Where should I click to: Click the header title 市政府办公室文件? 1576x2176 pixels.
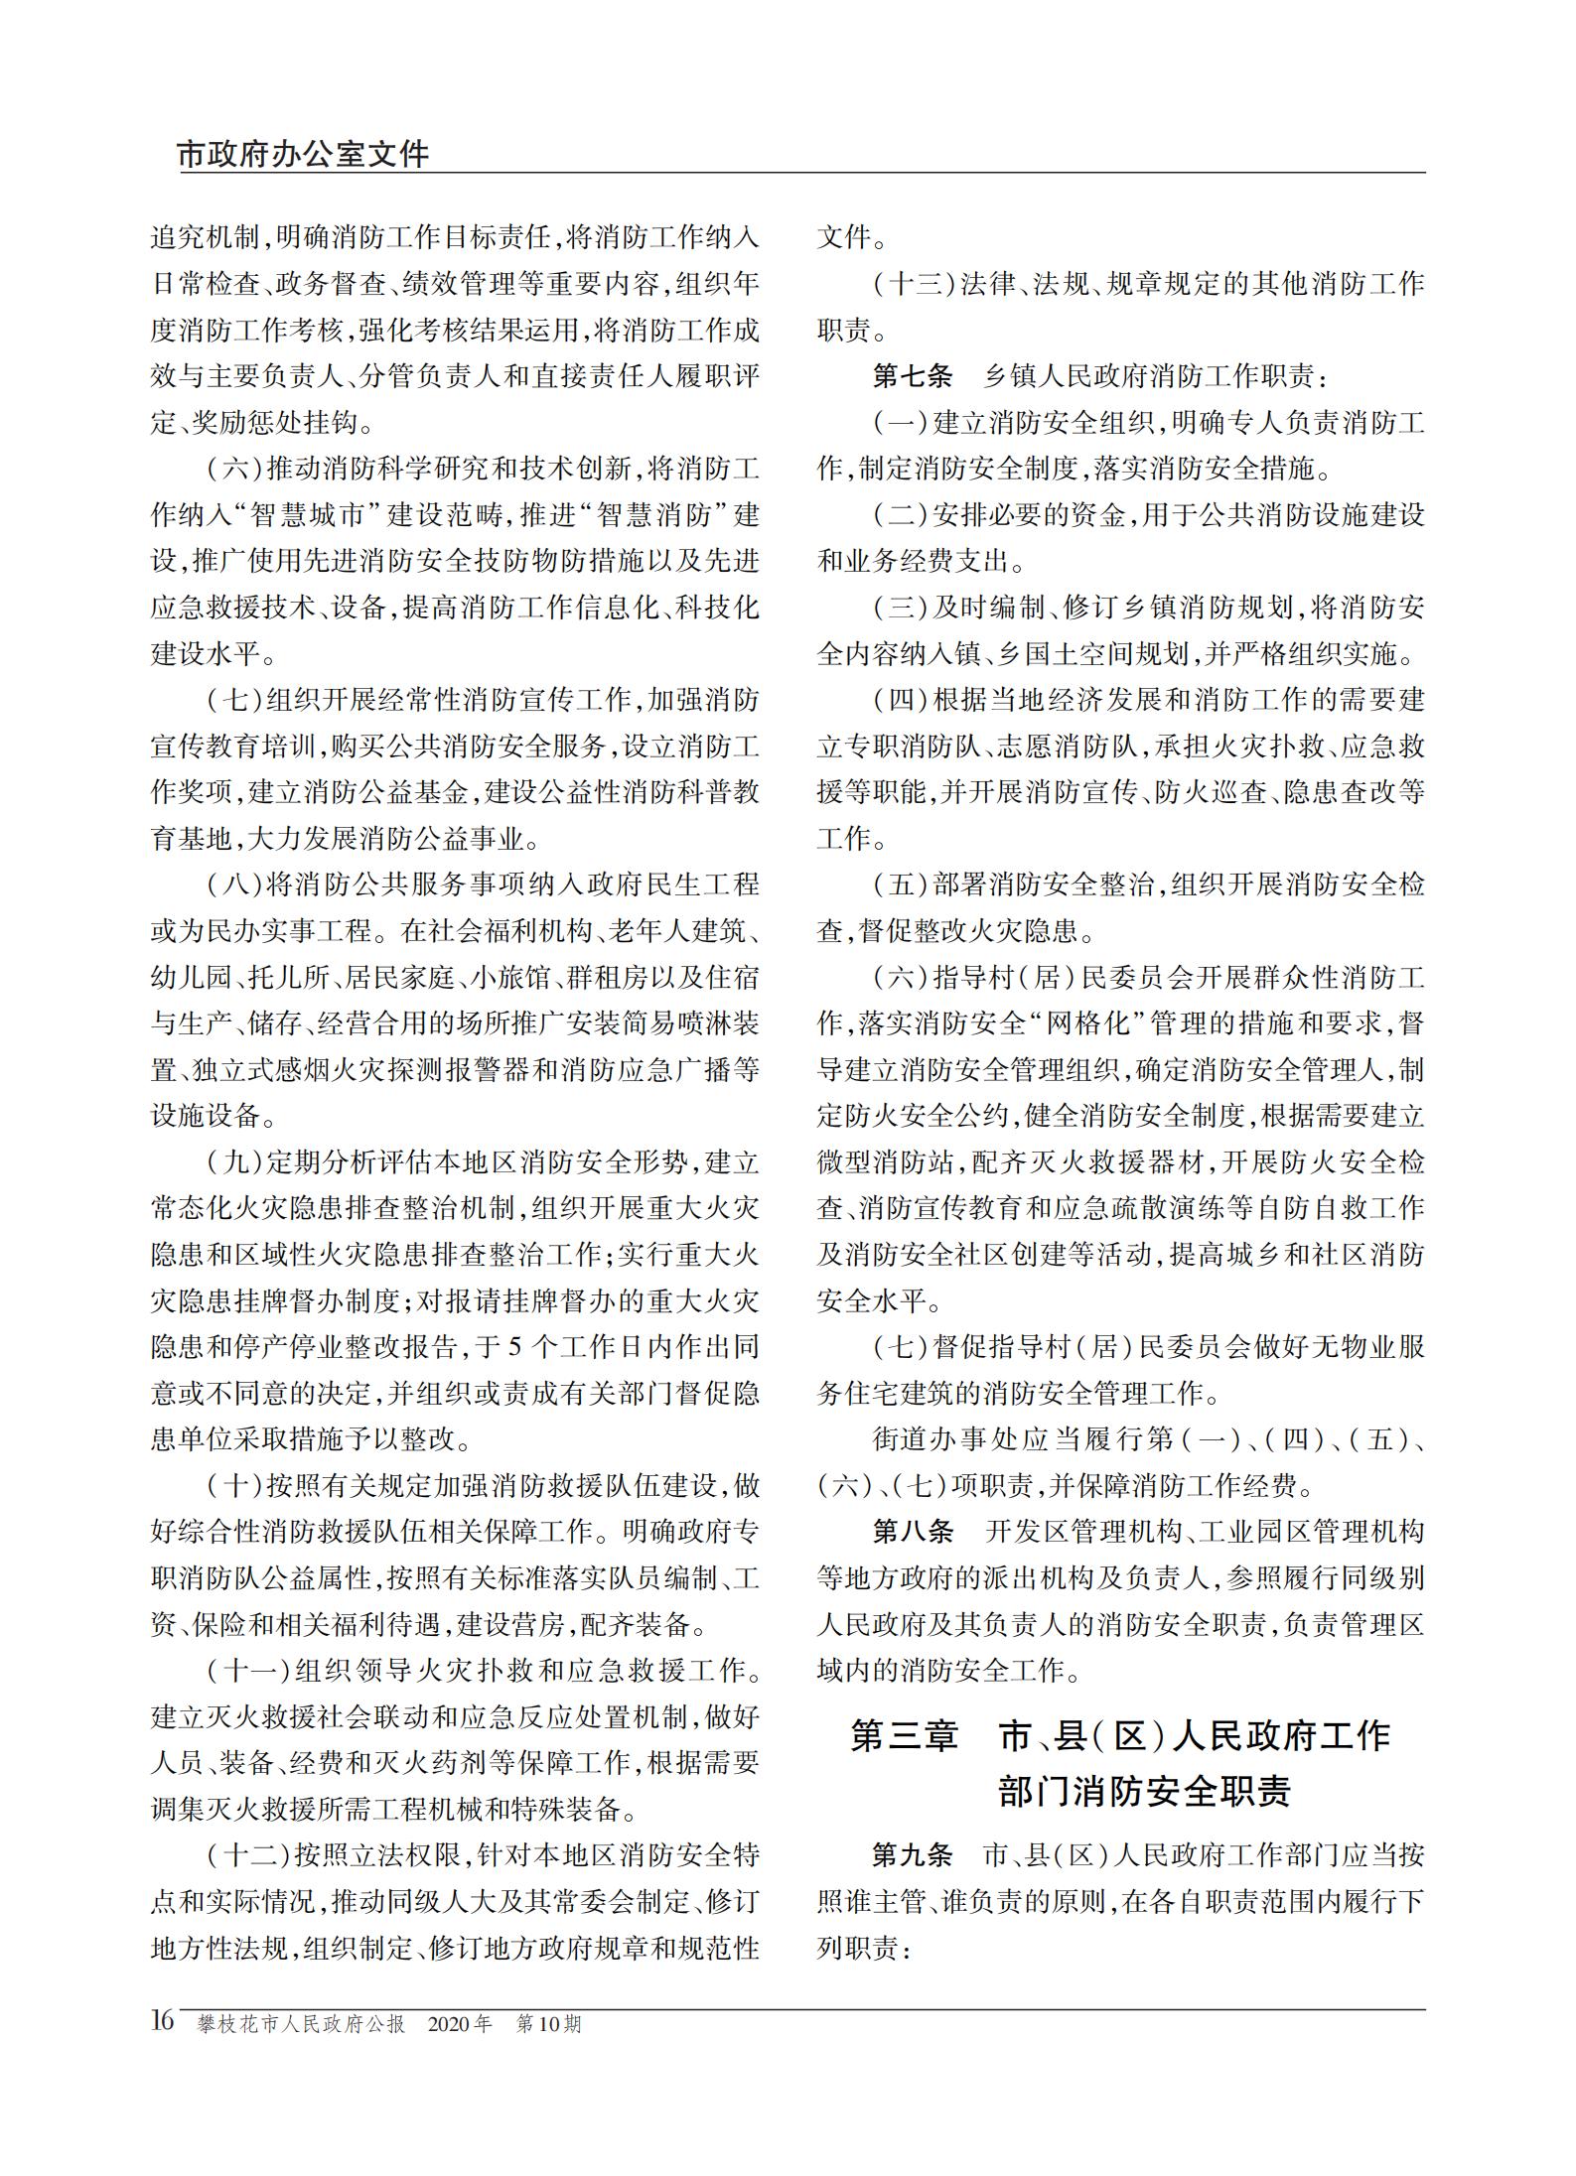click(x=304, y=154)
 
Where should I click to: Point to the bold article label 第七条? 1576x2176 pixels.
click(x=912, y=376)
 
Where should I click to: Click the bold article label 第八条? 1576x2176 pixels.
click(x=912, y=1531)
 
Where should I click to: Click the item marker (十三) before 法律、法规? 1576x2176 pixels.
click(x=914, y=285)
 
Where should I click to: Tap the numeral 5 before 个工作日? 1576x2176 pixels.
click(x=514, y=1347)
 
